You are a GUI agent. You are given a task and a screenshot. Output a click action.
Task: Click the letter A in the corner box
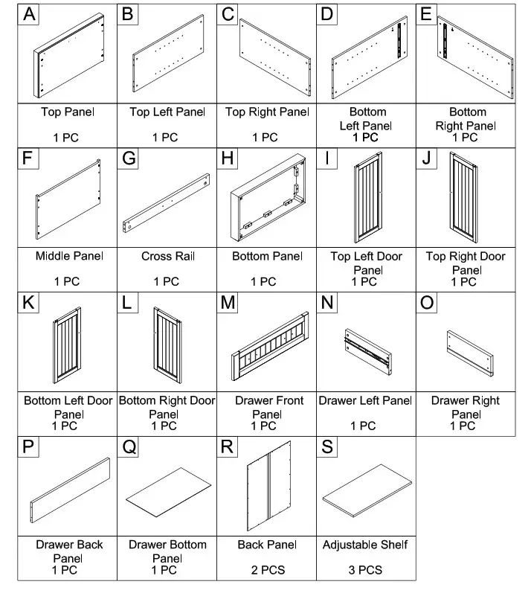click(29, 14)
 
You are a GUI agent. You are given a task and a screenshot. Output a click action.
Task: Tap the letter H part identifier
click(228, 159)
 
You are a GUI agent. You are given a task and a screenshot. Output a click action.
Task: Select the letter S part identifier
click(327, 446)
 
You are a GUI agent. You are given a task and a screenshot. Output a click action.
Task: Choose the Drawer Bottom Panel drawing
click(167, 495)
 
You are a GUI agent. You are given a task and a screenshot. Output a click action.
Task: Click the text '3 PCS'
click(364, 570)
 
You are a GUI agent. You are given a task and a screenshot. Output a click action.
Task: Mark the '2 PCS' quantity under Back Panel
click(265, 570)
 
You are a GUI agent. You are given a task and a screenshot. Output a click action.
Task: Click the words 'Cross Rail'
click(167, 257)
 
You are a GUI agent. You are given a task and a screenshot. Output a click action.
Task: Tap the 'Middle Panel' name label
click(68, 257)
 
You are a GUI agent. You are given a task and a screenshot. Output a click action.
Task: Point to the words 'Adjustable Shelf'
click(365, 545)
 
